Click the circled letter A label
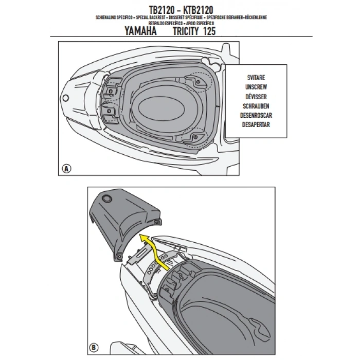(66, 168)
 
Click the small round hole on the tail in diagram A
(66, 98)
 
